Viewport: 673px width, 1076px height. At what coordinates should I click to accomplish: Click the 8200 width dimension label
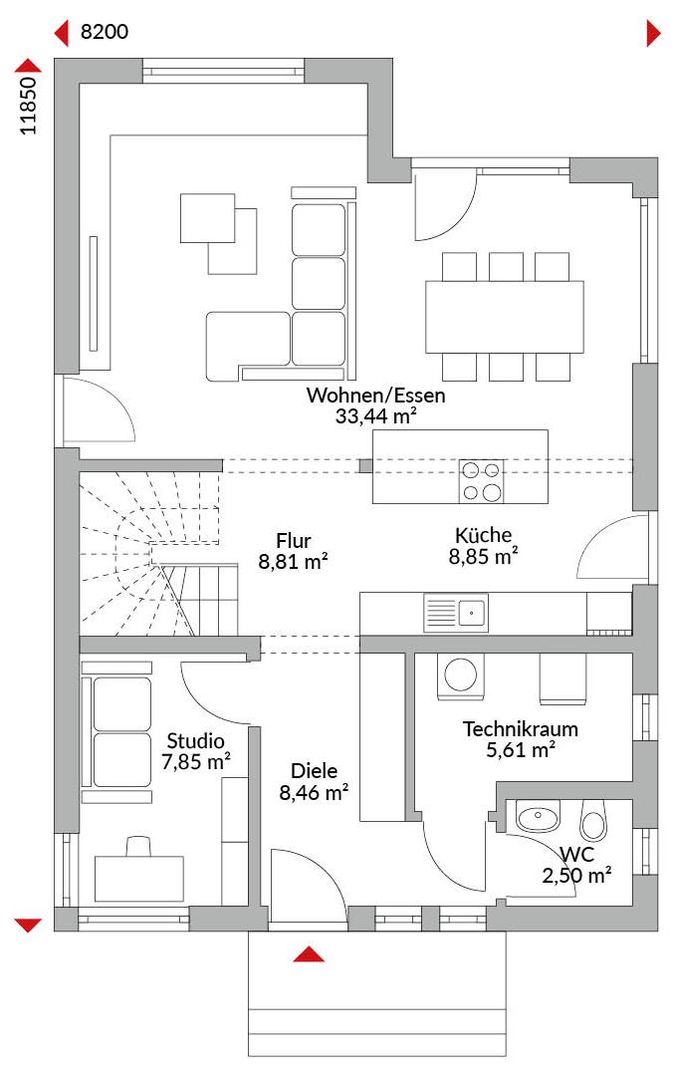[x=105, y=32]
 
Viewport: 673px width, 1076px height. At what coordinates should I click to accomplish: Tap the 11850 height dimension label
[x=28, y=105]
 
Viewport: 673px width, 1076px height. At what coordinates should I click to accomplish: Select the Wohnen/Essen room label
[x=375, y=396]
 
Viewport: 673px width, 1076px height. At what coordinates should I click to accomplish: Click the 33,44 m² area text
[x=376, y=415]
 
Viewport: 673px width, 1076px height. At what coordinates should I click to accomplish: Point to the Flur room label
[x=294, y=540]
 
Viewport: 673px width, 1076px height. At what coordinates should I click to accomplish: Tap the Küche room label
[x=483, y=535]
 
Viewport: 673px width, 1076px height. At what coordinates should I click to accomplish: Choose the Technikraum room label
[x=520, y=728]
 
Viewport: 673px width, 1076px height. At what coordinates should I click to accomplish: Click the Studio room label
[x=195, y=741]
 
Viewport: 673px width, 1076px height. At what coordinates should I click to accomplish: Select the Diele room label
[x=314, y=770]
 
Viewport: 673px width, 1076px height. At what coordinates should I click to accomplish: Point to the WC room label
[x=576, y=855]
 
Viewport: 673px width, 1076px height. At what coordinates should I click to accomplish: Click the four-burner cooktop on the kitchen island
[x=481, y=481]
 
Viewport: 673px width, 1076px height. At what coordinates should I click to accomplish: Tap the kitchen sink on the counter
[x=456, y=612]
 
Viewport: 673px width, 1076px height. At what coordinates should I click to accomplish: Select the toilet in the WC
[x=594, y=820]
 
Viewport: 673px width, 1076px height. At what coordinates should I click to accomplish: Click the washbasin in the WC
[x=538, y=817]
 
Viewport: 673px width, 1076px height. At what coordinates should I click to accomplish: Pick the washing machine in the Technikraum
[x=460, y=675]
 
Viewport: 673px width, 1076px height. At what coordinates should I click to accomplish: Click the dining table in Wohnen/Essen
[x=504, y=317]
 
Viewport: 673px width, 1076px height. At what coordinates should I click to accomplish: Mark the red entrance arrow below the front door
[x=309, y=953]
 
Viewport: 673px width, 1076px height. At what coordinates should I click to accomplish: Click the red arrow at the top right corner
[x=653, y=33]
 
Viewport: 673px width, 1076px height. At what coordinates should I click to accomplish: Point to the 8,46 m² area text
[x=314, y=793]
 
